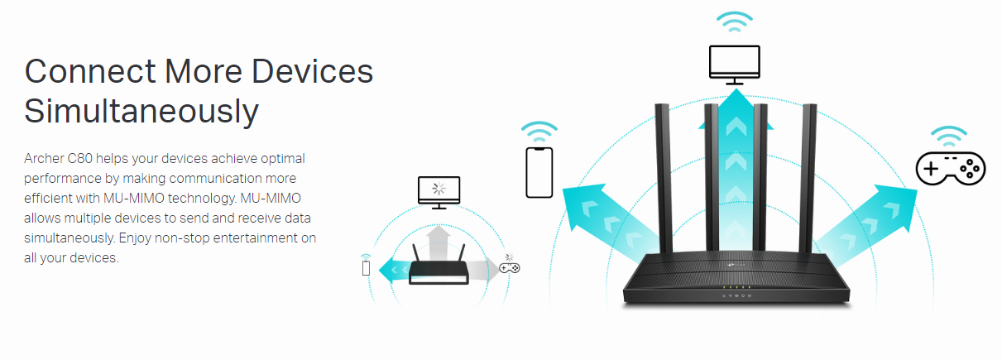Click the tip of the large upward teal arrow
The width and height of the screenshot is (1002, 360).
point(736,89)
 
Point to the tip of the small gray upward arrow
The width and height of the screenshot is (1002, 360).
point(439,225)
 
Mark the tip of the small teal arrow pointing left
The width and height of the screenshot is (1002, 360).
point(379,270)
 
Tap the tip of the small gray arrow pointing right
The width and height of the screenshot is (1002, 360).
point(499,269)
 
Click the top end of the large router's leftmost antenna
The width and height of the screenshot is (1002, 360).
point(662,104)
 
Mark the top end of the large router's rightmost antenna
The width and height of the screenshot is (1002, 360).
point(810,104)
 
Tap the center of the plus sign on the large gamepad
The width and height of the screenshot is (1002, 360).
point(932,169)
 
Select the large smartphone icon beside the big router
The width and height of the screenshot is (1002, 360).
point(539,173)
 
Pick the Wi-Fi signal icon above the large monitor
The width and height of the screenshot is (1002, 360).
point(735,22)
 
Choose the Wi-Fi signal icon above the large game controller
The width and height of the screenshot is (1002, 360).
point(949,137)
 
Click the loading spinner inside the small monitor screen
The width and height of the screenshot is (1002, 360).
point(439,188)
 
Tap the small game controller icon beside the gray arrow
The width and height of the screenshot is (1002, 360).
point(510,268)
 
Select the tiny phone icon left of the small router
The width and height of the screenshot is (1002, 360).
point(366,268)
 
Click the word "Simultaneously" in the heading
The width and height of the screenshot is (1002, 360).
point(141,112)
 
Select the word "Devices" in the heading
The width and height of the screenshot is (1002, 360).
point(312,71)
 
